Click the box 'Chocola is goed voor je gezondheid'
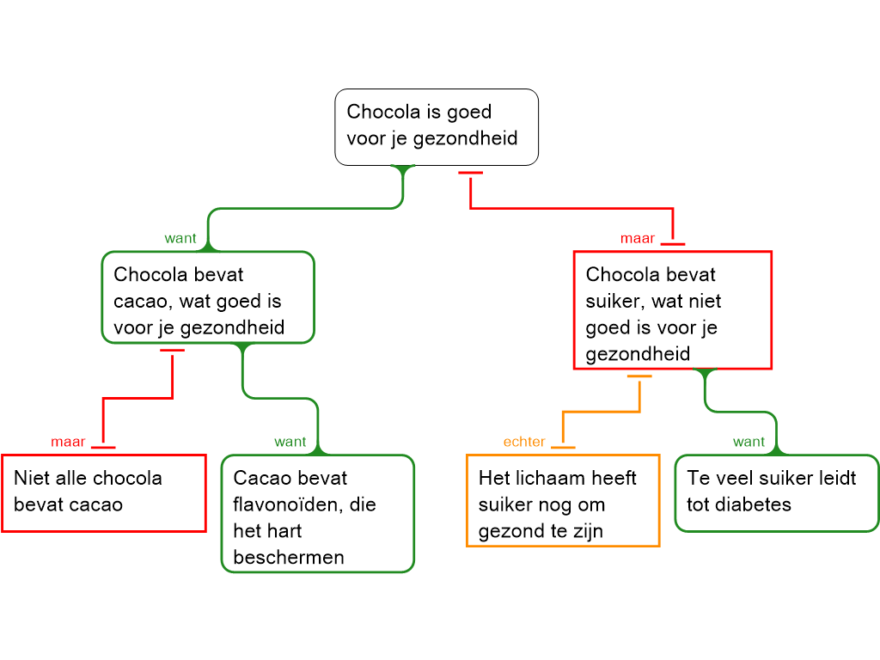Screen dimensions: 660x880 436,126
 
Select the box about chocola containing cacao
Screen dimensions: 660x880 207,297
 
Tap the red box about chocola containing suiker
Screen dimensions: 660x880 672,310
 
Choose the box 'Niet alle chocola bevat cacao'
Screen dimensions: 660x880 103,492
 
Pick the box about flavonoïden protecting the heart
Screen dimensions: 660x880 318,514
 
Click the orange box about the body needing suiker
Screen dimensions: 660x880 563,500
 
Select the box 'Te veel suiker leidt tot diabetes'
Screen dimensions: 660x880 777,492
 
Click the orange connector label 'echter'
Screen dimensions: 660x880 524,442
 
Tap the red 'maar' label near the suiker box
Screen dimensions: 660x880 638,238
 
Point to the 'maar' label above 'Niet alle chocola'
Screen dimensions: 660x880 68,442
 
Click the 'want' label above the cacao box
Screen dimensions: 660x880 180,238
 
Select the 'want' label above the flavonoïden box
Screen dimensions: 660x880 290,442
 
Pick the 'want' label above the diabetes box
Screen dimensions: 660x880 749,442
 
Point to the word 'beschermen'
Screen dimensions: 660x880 289,557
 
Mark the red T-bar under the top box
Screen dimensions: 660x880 470,174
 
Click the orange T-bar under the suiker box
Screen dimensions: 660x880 639,377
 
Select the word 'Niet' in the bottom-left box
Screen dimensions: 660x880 32,478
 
